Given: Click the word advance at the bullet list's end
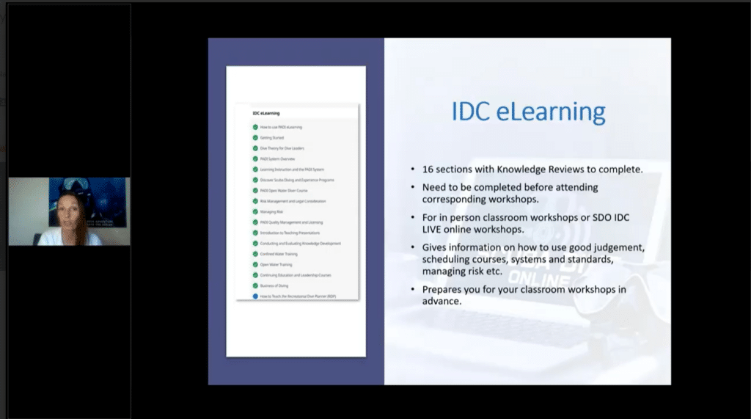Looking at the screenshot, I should click(441, 300).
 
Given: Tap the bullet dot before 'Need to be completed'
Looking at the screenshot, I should click(414, 188).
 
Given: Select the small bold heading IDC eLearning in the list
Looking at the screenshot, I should click(265, 113).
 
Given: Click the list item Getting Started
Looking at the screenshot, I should click(271, 138).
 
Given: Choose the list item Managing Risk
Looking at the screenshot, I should click(271, 211).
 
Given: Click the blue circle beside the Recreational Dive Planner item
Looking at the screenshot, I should click(254, 296).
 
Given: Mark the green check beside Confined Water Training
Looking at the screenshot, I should click(254, 254).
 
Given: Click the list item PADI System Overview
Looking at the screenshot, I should click(276, 159).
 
